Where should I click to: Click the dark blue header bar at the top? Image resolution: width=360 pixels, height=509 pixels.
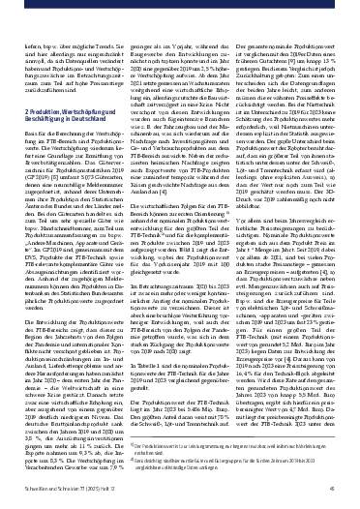click(x=180, y=5)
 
